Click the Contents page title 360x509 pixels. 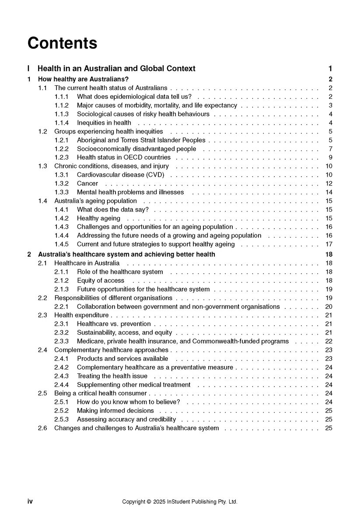[62, 43]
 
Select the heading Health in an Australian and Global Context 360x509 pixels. [116, 69]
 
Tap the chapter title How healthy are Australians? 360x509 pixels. [83, 79]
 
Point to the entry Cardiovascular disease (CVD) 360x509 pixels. [120, 175]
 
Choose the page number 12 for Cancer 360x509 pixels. [329, 184]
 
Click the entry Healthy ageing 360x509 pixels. [98, 218]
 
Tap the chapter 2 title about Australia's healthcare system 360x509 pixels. [126, 254]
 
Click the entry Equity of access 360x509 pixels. [101, 280]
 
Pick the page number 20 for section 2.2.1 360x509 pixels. [329, 307]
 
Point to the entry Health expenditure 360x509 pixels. [81, 315]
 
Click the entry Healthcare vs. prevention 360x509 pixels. [114, 324]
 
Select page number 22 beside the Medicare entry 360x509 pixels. [329, 341]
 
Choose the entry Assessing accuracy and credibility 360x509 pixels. [126, 419]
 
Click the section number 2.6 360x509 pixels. [42, 428]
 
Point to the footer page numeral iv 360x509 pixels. [30, 502]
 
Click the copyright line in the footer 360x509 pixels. [180, 502]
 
